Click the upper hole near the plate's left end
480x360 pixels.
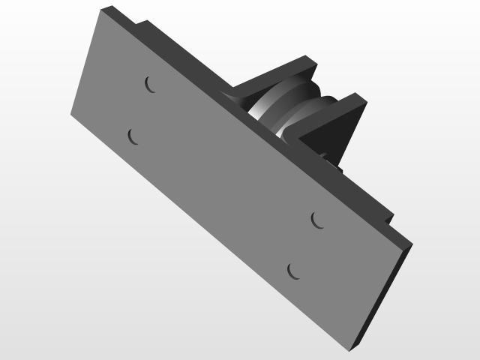point(150,84)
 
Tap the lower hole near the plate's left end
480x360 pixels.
point(133,136)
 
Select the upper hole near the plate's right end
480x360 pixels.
point(318,219)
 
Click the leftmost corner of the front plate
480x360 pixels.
point(71,115)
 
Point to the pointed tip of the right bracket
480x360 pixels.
point(366,100)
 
